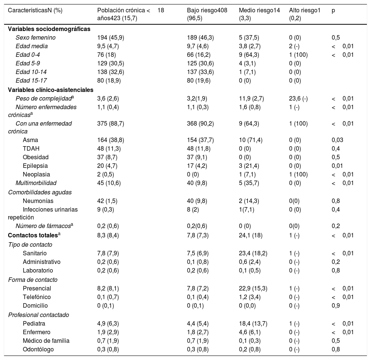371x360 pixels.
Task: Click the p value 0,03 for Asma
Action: click(x=337, y=140)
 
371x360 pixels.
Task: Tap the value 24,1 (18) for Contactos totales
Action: click(x=251, y=236)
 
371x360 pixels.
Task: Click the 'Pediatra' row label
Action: click(x=34, y=323)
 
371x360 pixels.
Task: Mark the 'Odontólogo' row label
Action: click(x=38, y=350)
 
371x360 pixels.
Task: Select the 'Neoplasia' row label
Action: click(x=36, y=174)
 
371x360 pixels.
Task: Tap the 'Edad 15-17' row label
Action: click(x=31, y=80)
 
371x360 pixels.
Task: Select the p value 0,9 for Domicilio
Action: click(x=335, y=306)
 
